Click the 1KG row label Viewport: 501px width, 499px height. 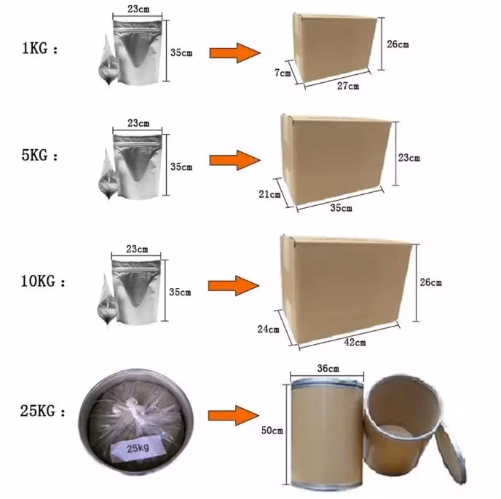click(40, 49)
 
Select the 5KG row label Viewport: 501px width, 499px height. click(39, 156)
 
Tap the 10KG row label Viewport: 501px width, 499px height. click(43, 282)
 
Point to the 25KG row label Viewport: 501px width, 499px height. click(42, 411)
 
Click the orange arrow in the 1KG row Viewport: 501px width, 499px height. click(234, 52)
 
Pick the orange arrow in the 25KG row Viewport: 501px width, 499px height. click(234, 415)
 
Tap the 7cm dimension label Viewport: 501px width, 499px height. click(283, 73)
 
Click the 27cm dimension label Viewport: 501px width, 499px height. click(348, 86)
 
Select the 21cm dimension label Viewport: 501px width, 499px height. click(269, 194)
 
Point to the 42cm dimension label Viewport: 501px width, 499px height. click(355, 343)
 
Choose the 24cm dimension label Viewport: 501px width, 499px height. click(268, 330)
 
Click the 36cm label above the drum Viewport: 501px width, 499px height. click(328, 368)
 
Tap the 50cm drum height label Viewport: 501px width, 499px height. click(272, 431)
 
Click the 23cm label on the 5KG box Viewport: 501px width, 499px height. click(409, 157)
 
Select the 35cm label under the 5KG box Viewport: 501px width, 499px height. click(342, 208)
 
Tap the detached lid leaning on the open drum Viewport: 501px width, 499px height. click(451, 452)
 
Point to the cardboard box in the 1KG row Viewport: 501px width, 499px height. click(334, 47)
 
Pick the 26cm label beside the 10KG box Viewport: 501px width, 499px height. click(430, 282)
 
